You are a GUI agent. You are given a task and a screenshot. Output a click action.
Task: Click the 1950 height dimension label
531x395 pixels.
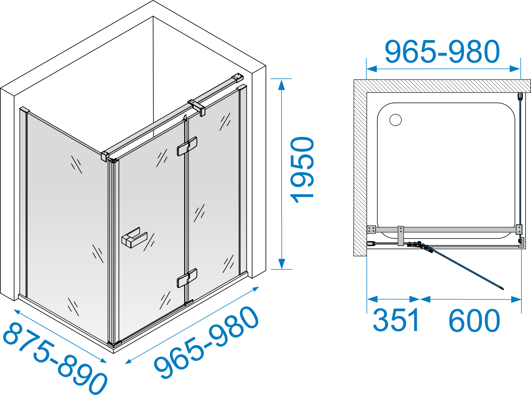[x=302, y=169]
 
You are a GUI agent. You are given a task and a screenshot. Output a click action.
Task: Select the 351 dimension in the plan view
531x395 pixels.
[x=396, y=320]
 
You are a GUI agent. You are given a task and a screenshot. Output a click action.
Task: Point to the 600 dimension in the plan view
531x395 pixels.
[x=474, y=320]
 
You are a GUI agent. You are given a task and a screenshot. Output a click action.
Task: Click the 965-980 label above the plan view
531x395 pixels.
[x=442, y=52]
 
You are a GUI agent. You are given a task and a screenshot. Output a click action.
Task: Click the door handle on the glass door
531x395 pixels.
[x=134, y=238]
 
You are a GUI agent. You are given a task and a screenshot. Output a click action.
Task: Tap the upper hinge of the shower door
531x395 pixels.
[x=187, y=147]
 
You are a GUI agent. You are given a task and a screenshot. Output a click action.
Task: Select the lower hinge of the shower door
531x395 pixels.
[x=187, y=278]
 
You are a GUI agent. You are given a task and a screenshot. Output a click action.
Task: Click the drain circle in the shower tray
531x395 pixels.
[x=395, y=120]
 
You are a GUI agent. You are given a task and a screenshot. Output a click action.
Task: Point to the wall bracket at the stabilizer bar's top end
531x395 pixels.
[x=237, y=78]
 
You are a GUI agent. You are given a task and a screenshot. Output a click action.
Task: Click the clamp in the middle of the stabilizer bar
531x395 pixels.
[x=197, y=107]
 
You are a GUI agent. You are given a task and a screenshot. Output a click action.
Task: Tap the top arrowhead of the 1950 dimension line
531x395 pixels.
[x=282, y=85]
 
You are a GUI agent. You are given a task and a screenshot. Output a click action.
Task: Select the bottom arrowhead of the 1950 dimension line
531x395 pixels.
[x=282, y=264]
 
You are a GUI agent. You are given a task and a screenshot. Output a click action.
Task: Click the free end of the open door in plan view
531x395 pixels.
[x=503, y=289]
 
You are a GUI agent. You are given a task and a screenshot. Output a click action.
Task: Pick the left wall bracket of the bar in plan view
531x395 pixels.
[x=371, y=230]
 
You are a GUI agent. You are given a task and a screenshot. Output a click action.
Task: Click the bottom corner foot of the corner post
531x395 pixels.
[x=114, y=344]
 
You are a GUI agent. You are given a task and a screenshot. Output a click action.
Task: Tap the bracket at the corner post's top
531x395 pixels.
[x=105, y=156]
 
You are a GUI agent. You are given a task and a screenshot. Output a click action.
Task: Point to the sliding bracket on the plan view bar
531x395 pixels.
[x=401, y=235]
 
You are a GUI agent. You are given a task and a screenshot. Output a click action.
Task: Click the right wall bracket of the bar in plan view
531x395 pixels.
[x=519, y=229]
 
